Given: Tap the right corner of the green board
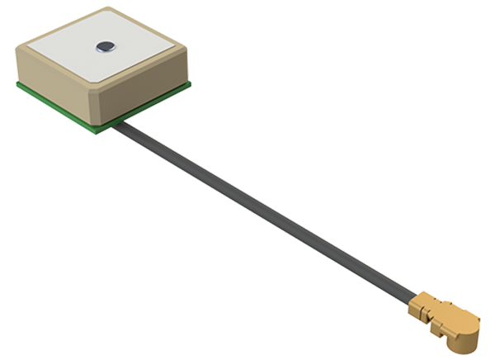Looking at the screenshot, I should pyautogui.click(x=191, y=85).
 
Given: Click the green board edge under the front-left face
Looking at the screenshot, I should pyautogui.click(x=58, y=107).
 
